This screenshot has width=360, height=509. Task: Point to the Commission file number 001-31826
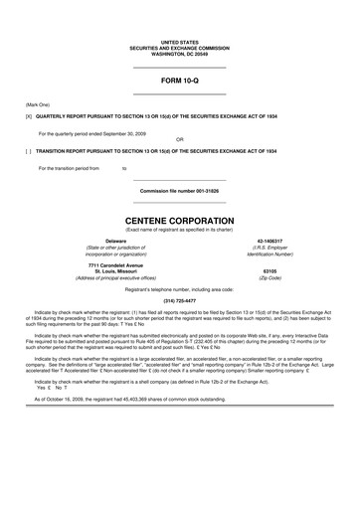tap(179, 190)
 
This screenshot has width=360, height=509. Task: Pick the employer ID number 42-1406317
tap(270, 241)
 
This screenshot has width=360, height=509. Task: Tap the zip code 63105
tap(270, 270)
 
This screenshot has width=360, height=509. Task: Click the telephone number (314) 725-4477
tap(179, 299)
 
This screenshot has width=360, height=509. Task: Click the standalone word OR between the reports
tap(179, 139)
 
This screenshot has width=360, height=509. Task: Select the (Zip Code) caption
tap(270, 278)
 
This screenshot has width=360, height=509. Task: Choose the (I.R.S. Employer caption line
tap(270, 248)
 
